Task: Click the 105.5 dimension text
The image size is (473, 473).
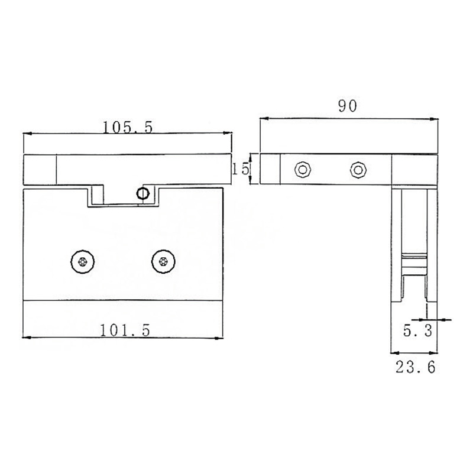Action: [x=128, y=127]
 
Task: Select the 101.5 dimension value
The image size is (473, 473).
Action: [x=124, y=331]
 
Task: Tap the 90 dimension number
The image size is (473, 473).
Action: [x=349, y=107]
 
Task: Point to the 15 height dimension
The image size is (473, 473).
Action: [x=239, y=170]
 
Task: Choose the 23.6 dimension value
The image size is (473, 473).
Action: [x=415, y=367]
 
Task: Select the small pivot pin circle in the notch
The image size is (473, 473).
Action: [x=142, y=193]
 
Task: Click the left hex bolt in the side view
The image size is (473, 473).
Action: [x=303, y=170]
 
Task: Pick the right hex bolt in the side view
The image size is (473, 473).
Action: [x=357, y=170]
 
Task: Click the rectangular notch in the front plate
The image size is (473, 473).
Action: [x=124, y=197]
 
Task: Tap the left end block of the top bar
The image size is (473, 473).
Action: [x=40, y=170]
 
